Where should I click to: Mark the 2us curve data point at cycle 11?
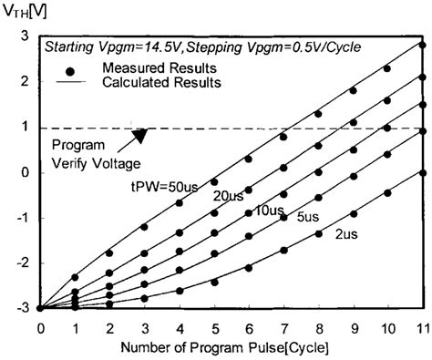[x=422, y=172]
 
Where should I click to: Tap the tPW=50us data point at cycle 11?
[x=422, y=44]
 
